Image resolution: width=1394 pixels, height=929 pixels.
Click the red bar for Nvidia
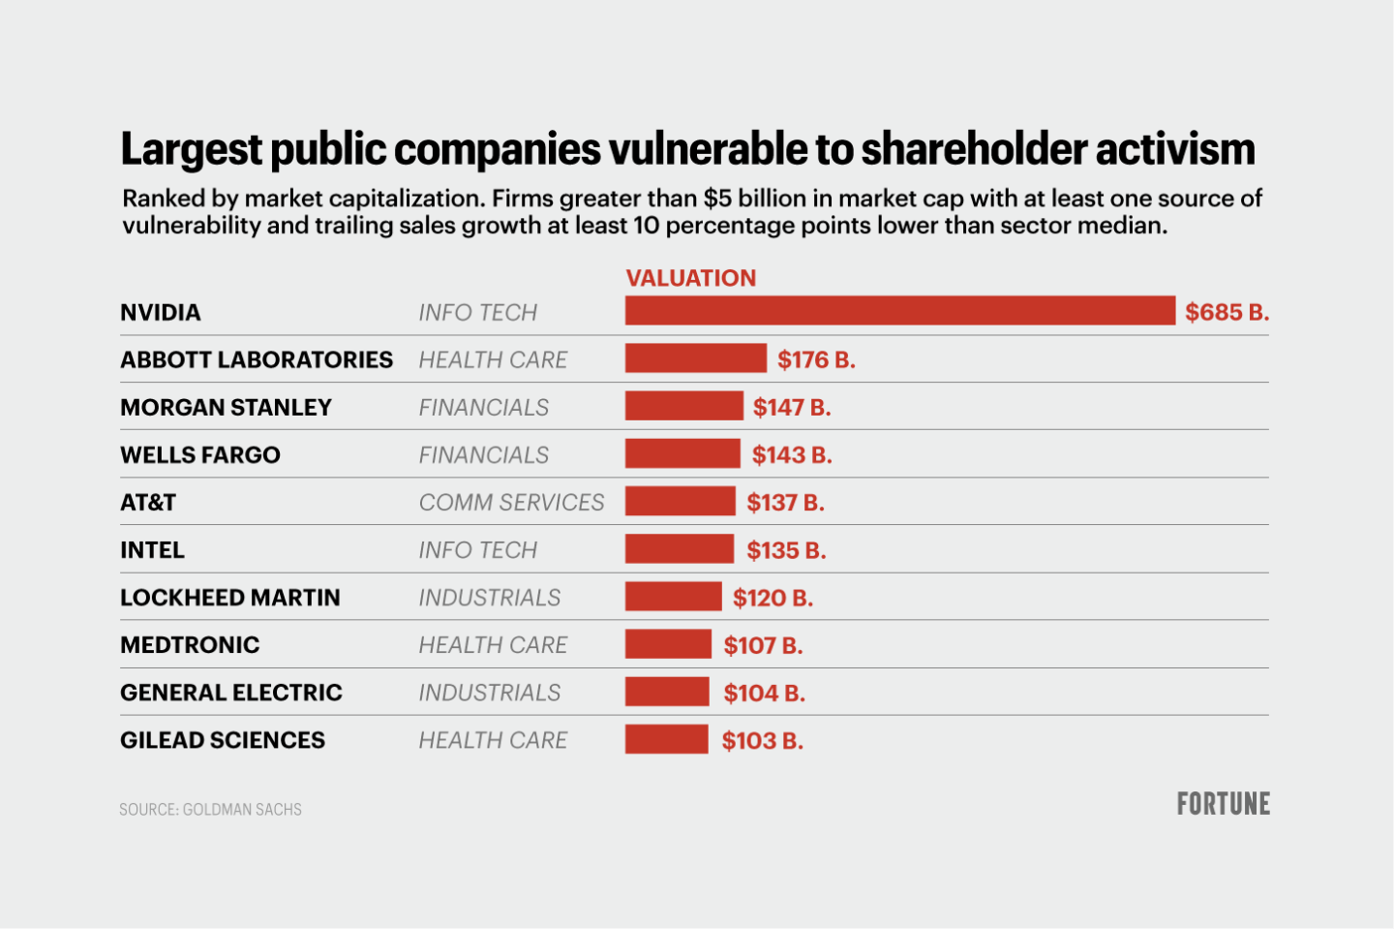point(899,311)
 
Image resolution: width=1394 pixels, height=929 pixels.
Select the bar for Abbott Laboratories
point(695,358)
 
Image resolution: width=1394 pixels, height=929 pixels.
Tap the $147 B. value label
point(792,407)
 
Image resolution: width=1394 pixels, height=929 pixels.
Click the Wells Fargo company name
point(200,454)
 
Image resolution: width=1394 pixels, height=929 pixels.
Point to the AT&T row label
point(148,502)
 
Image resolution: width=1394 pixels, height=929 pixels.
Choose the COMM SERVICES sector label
point(511,502)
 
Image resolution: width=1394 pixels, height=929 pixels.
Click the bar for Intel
point(679,549)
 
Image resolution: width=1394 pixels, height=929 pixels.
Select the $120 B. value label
point(773,598)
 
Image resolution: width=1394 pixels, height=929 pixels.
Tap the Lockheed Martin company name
point(230,597)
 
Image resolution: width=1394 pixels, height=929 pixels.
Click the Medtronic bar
point(668,644)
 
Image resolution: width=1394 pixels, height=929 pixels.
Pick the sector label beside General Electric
point(489,693)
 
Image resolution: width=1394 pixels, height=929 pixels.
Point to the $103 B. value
point(762,741)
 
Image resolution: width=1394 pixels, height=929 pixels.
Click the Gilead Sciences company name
point(223,740)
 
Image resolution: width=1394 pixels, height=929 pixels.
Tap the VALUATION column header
point(690,278)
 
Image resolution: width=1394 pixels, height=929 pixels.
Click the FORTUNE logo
point(1223,804)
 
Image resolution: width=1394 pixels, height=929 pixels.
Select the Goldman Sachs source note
point(210,809)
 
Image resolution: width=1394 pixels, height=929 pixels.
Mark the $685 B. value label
point(1227,312)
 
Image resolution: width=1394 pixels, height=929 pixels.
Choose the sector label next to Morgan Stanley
point(483,407)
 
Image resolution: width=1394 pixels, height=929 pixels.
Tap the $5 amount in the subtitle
point(717,199)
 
